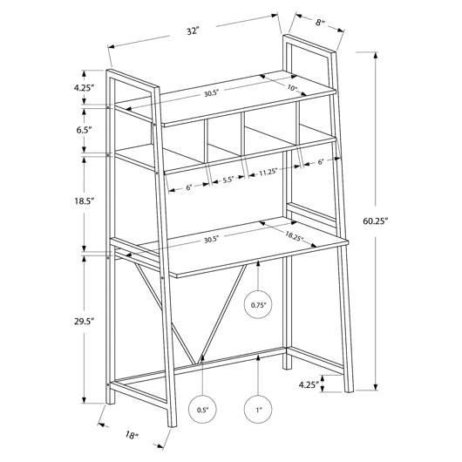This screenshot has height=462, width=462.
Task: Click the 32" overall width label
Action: [193, 31]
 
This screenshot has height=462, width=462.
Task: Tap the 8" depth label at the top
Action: [319, 23]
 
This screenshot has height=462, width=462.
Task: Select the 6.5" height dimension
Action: [84, 130]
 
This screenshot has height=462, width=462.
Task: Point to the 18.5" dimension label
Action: [84, 201]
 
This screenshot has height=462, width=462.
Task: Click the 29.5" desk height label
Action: [84, 321]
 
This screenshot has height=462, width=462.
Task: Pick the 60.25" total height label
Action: [375, 221]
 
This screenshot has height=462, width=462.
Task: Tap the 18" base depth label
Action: [132, 435]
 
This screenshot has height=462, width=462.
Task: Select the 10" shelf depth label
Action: [292, 88]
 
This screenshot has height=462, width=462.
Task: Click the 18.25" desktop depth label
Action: [294, 236]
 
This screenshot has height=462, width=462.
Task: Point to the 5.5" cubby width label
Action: [228, 180]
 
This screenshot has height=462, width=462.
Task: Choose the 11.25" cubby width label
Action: [268, 172]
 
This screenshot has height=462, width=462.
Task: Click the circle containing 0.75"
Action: [258, 305]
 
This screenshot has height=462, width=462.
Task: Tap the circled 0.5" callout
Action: [202, 410]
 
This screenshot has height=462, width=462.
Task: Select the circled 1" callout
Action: [258, 410]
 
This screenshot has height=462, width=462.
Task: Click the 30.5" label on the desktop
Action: [211, 240]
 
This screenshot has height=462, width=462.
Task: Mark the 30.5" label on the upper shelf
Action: [211, 93]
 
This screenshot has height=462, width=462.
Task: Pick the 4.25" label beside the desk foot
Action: [309, 384]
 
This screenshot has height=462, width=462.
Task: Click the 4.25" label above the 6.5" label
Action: [84, 87]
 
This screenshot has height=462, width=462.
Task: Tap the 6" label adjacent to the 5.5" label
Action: [189, 187]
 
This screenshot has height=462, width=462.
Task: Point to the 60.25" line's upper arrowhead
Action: [376, 56]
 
